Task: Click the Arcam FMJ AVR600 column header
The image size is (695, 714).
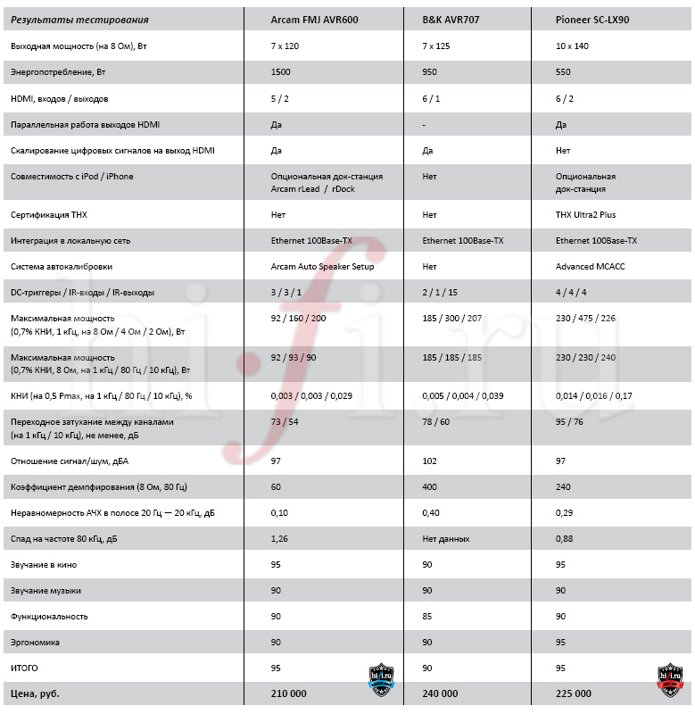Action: pyautogui.click(x=314, y=19)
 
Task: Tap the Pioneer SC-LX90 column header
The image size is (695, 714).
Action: pyautogui.click(x=592, y=19)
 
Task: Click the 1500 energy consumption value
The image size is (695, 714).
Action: pyautogui.click(x=281, y=71)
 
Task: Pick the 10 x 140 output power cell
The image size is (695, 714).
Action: pyautogui.click(x=572, y=46)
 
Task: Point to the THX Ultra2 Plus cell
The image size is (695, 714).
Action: pyautogui.click(x=585, y=215)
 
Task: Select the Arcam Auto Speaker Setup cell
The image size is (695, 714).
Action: pyautogui.click(x=322, y=267)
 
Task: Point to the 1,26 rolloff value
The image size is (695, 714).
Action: pyautogui.click(x=279, y=538)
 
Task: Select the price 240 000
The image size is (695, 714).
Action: pyautogui.click(x=440, y=693)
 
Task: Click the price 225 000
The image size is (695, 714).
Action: pyautogui.click(x=573, y=693)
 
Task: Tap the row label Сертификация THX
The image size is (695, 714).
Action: pyautogui.click(x=42, y=215)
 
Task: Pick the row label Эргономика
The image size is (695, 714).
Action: pyautogui.click(x=35, y=642)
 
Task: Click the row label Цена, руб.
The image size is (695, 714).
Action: pyautogui.click(x=35, y=693)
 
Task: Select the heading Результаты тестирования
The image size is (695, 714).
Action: pyautogui.click(x=79, y=19)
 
